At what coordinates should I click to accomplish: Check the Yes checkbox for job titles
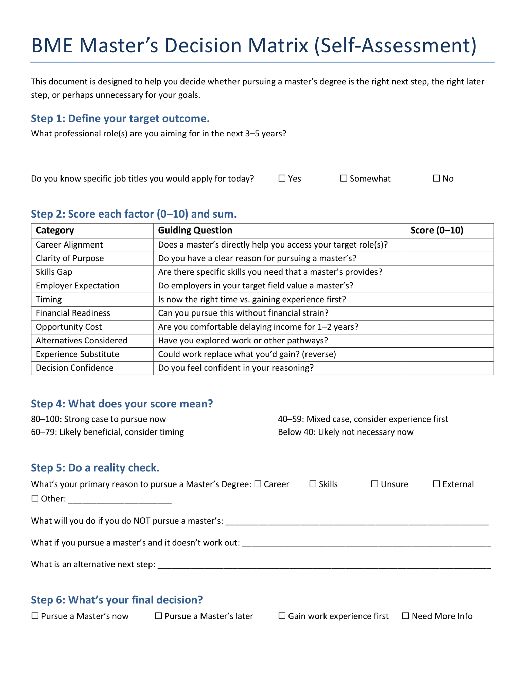282,178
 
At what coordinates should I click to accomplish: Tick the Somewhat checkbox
344,178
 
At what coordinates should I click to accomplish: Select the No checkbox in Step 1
436,178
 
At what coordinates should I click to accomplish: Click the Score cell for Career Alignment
449,245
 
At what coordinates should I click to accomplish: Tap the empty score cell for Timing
449,300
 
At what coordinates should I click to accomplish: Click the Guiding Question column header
195,231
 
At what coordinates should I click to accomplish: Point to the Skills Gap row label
54,272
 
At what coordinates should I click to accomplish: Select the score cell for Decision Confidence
449,368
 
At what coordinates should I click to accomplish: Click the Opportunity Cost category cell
69,327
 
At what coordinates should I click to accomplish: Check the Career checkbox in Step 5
258,484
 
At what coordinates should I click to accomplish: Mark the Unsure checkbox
374,484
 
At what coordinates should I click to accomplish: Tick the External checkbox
436,484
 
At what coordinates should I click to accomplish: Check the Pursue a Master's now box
35,616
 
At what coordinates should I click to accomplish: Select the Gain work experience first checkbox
282,616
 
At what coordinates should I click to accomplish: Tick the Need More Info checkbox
405,616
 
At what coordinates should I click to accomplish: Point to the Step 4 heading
122,404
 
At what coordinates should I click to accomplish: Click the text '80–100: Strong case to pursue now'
98,419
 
